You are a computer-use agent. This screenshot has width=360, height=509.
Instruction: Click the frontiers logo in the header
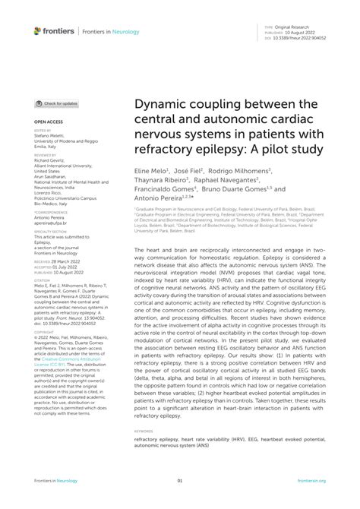tap(54, 30)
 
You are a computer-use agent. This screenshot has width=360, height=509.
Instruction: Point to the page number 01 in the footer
tap(180, 481)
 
